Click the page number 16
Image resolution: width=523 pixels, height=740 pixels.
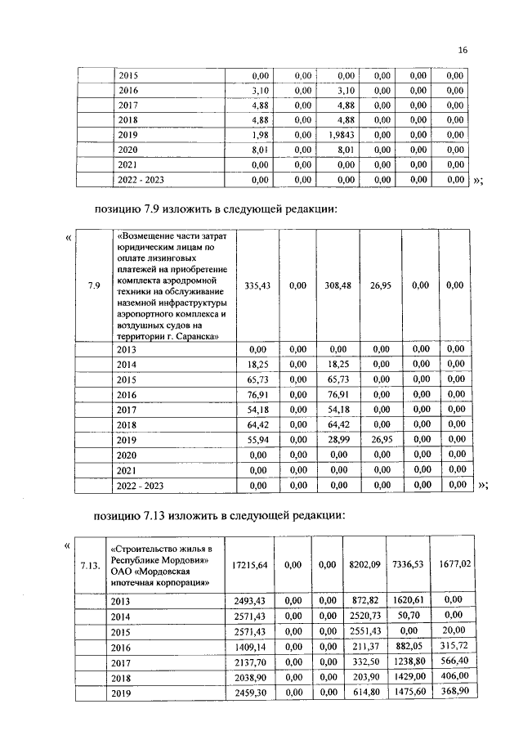tap(463, 51)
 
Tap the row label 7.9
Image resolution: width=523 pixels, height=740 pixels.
tap(94, 285)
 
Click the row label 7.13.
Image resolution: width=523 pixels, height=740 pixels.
tap(92, 565)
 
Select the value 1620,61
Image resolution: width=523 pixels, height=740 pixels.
tap(408, 599)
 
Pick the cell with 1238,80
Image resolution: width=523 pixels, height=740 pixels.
tap(408, 662)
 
